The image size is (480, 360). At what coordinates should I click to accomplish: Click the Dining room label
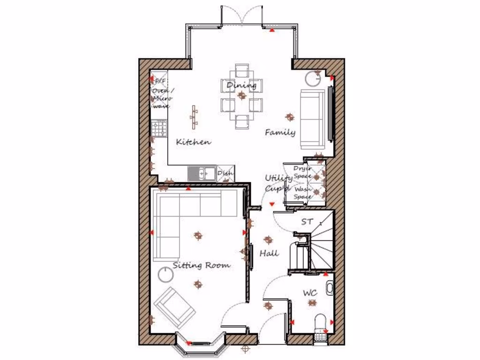point(241,85)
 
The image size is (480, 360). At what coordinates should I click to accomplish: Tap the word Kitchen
point(193,142)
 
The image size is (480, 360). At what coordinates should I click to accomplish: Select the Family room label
point(280,132)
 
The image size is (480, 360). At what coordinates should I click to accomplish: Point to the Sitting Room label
point(202,265)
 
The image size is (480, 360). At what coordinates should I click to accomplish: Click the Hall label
point(269,253)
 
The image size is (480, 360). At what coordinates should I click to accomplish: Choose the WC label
point(309,293)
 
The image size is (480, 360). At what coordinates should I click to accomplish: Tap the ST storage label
point(307,222)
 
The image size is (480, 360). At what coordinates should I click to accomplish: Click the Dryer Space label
point(302,172)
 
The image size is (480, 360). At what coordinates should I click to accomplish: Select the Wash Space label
point(302,193)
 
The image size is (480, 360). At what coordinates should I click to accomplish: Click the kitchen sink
point(202,173)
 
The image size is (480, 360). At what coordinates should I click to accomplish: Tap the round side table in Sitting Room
point(165,274)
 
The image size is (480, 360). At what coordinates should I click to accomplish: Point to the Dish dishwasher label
point(225,173)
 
